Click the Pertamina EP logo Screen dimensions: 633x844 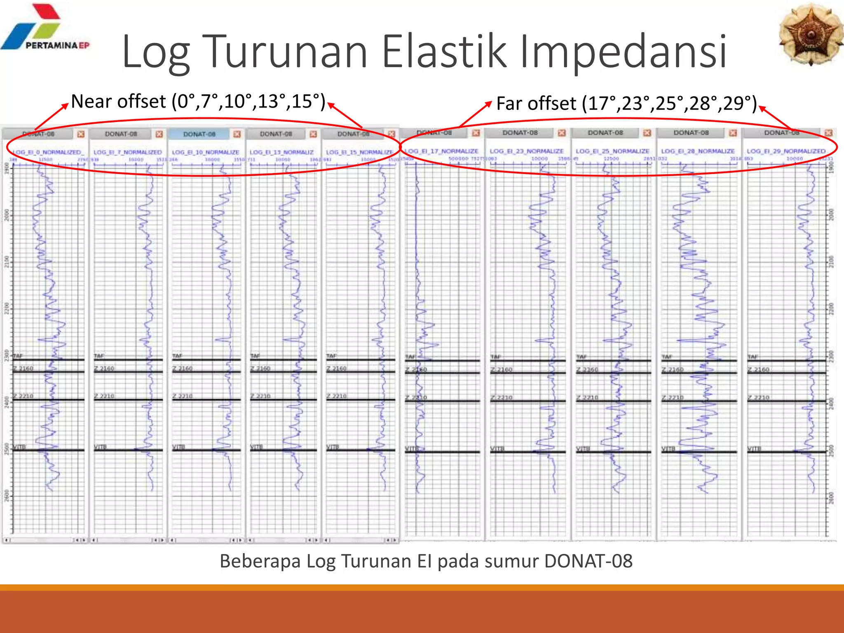click(x=45, y=29)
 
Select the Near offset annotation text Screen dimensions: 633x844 click(x=198, y=101)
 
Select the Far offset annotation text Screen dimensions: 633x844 click(x=626, y=103)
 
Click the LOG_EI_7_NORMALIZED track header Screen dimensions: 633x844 click(x=128, y=152)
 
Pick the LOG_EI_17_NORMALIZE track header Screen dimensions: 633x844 click(x=441, y=151)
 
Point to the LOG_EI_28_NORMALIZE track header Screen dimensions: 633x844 click(x=698, y=151)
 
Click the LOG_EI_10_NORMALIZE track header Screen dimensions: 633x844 click(x=205, y=152)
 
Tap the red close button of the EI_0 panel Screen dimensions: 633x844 click(x=81, y=134)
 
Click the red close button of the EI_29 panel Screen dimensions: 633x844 click(x=829, y=133)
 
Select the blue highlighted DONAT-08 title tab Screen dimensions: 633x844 click(x=199, y=134)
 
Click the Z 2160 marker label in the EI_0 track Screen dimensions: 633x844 click(x=23, y=368)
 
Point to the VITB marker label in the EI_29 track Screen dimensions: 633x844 click(x=754, y=448)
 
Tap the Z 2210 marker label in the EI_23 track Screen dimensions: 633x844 click(x=502, y=397)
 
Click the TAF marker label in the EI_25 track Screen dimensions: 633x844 click(x=581, y=356)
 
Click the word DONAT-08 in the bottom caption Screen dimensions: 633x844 click(x=588, y=561)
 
